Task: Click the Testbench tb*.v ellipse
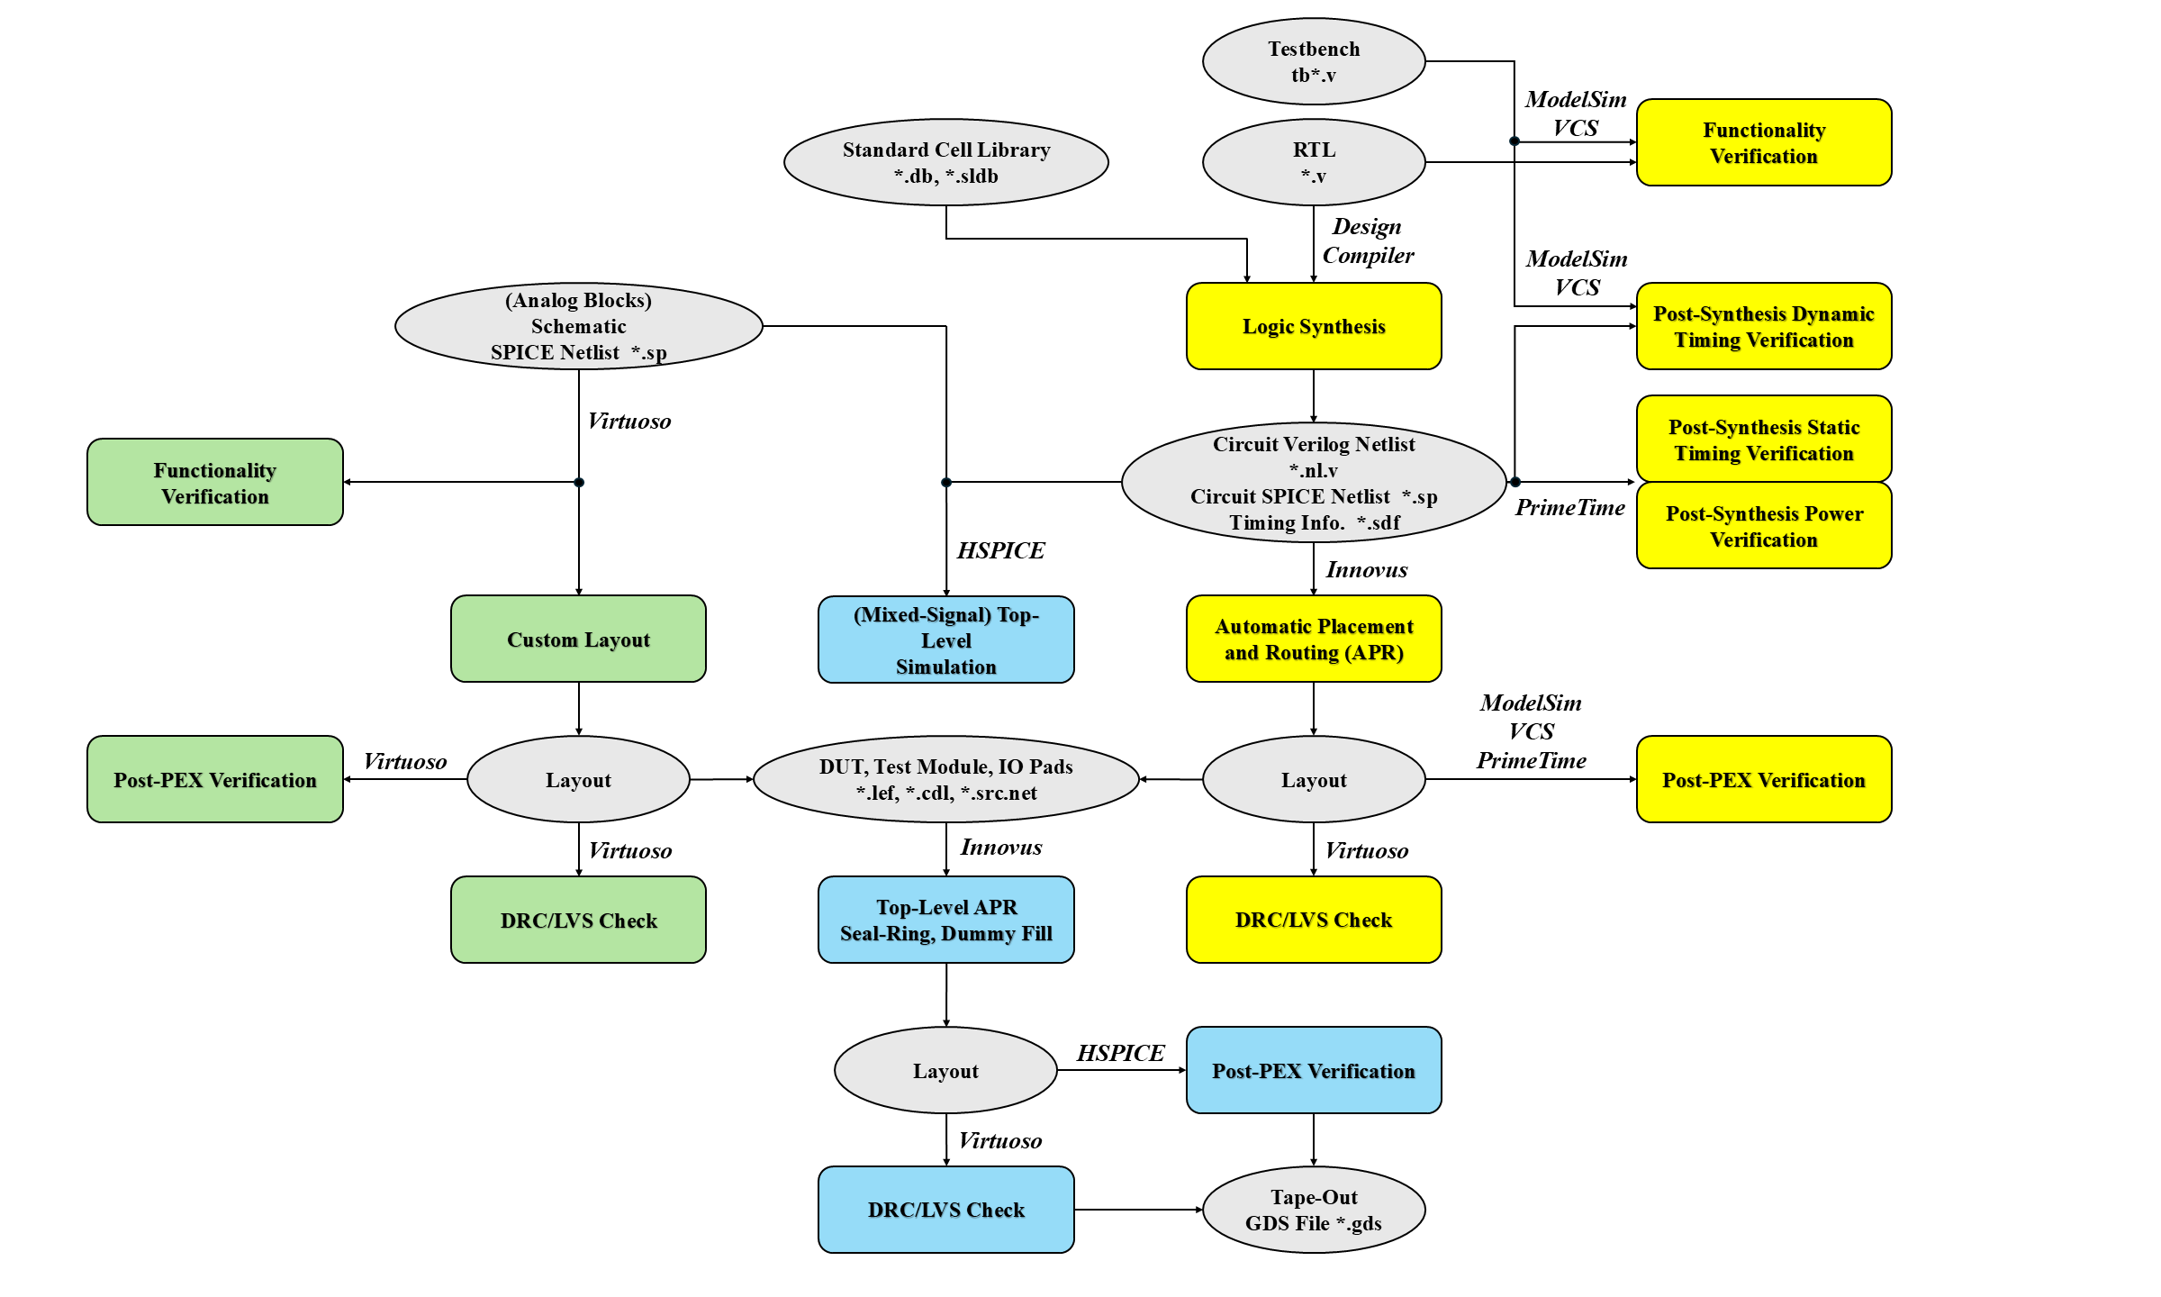tap(1314, 61)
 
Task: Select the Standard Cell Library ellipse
tap(945, 162)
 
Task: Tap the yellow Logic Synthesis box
tap(1314, 326)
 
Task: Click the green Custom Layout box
tap(578, 639)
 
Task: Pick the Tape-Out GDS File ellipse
tap(1314, 1210)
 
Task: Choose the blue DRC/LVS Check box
tap(945, 1210)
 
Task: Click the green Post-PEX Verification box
tap(215, 779)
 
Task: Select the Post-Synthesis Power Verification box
tap(1764, 526)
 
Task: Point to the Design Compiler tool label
tap(1368, 240)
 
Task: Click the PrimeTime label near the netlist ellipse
tap(1569, 508)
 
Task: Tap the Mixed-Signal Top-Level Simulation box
tap(945, 639)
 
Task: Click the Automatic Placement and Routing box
tap(1314, 639)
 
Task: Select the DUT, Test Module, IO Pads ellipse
tap(945, 779)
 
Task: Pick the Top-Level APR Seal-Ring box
tap(945, 920)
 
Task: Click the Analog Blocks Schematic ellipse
tap(578, 326)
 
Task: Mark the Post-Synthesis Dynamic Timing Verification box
tap(1764, 326)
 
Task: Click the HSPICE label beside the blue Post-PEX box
tap(1120, 1053)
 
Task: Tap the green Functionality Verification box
tap(215, 482)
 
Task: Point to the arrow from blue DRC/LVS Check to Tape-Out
tap(1138, 1210)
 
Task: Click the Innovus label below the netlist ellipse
tap(1366, 570)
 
